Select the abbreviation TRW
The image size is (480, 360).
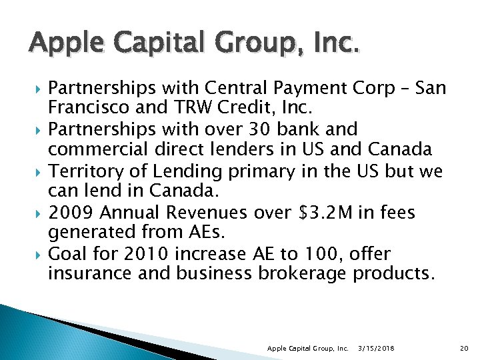coord(193,108)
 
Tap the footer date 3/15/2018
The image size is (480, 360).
coord(377,349)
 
